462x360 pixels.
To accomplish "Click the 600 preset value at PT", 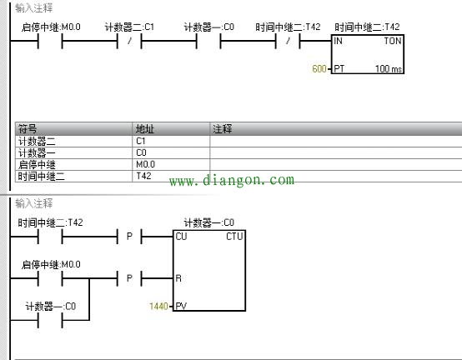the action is [x=319, y=68].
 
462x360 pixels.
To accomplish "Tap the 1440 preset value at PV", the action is [x=158, y=306].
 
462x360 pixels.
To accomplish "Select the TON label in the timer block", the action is [x=393, y=41].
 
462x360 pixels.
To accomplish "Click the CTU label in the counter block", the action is [x=234, y=236].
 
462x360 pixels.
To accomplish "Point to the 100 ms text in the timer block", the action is [x=389, y=69].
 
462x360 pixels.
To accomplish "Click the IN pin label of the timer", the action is [x=338, y=41].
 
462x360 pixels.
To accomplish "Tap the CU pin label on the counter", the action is [x=181, y=237].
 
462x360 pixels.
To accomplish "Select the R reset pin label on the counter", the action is [x=178, y=278].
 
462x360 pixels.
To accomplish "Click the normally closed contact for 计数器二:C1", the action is [x=129, y=41].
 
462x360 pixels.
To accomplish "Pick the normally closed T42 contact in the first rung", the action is [x=288, y=41].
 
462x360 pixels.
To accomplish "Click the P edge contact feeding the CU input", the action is [x=129, y=237].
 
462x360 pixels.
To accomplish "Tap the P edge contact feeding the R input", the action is [x=129, y=278].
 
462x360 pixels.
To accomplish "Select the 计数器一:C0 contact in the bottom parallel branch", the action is [x=50, y=320].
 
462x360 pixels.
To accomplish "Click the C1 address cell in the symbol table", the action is [x=171, y=142].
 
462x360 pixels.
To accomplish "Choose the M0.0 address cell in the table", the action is [x=171, y=164].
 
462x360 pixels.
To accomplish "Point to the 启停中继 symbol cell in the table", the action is [x=73, y=164].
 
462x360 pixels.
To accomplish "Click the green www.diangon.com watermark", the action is [x=232, y=180].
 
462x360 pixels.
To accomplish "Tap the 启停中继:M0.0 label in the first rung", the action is [x=51, y=27].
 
